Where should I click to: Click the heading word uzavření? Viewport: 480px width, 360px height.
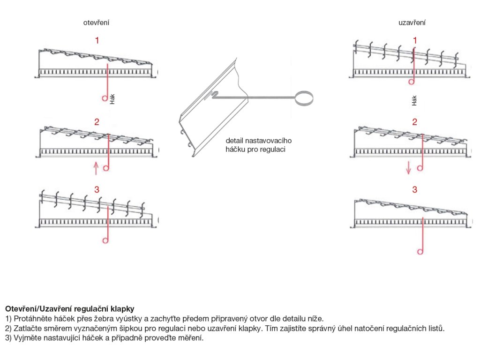pos(412,22)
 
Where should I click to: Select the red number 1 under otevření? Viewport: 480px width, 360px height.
pos(97,40)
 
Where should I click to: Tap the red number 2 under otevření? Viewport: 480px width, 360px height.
pos(97,122)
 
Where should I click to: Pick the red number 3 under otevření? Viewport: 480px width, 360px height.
pos(97,189)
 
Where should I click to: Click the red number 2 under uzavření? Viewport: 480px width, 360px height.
pos(414,122)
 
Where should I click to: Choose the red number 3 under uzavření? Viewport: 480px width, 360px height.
pos(414,189)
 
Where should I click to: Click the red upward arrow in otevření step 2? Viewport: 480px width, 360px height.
pos(96,167)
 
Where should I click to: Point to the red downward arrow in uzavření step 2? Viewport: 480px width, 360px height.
pos(409,167)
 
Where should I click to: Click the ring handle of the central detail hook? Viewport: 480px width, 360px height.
pos(303,97)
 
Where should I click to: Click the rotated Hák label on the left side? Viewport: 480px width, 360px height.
pos(112,99)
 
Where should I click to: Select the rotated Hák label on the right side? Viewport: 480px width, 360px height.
pos(414,100)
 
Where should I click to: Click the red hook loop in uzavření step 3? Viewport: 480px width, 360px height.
pos(420,252)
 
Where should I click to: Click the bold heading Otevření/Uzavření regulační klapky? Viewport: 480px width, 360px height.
pos(69,309)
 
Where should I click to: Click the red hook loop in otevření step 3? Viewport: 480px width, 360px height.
pos(105,240)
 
